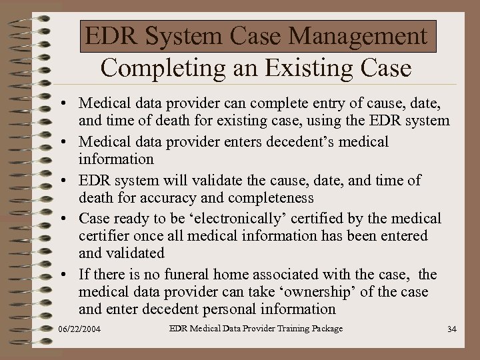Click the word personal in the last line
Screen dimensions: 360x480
pos(233,309)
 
